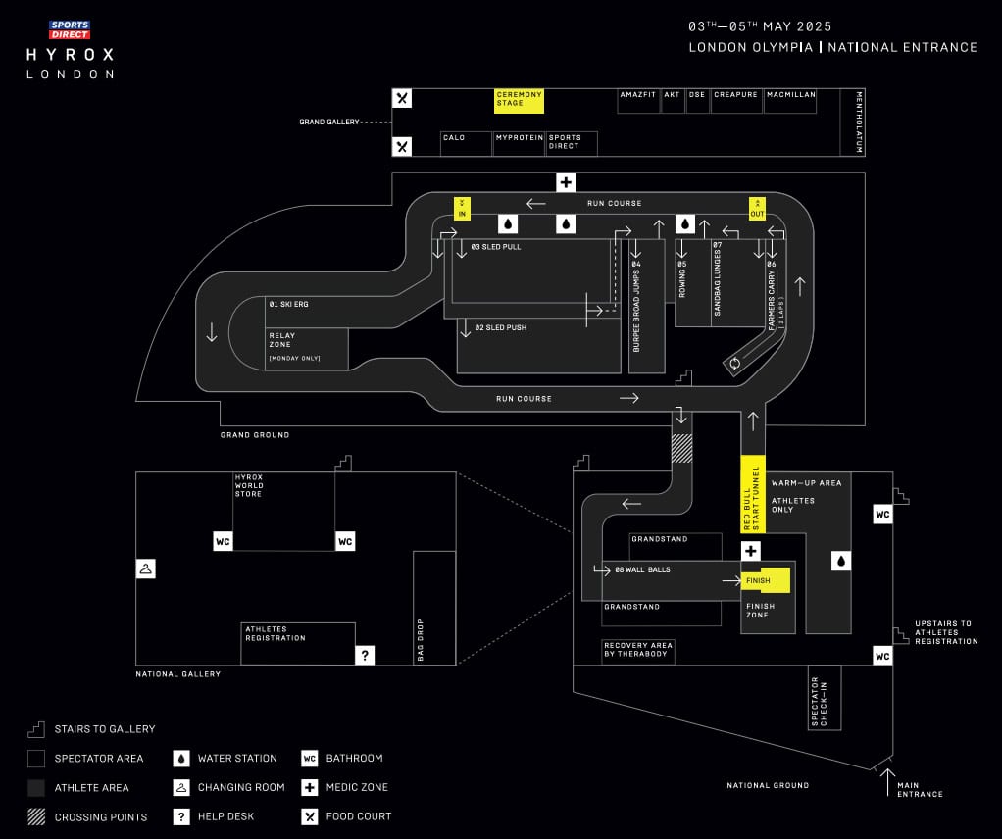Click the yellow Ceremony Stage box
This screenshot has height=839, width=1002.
point(519,100)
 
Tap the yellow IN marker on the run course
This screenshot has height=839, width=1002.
point(462,208)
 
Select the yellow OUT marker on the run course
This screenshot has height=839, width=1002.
point(757,208)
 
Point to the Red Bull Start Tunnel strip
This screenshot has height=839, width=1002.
point(752,494)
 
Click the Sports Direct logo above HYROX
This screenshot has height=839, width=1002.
point(70,29)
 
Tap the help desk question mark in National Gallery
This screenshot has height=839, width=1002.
point(365,655)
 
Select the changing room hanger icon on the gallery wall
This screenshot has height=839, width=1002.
point(145,568)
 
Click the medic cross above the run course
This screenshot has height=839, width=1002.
point(566,182)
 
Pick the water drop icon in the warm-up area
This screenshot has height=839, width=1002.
point(840,561)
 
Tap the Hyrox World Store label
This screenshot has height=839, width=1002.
point(248,485)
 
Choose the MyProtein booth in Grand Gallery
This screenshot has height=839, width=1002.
point(519,138)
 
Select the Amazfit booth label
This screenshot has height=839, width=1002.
point(636,95)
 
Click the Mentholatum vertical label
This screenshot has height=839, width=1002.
point(858,123)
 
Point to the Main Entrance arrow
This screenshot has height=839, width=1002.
point(887,781)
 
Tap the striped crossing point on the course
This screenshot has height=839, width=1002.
point(681,447)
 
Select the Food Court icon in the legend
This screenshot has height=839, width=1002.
point(310,815)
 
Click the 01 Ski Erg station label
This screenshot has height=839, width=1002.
point(288,305)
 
